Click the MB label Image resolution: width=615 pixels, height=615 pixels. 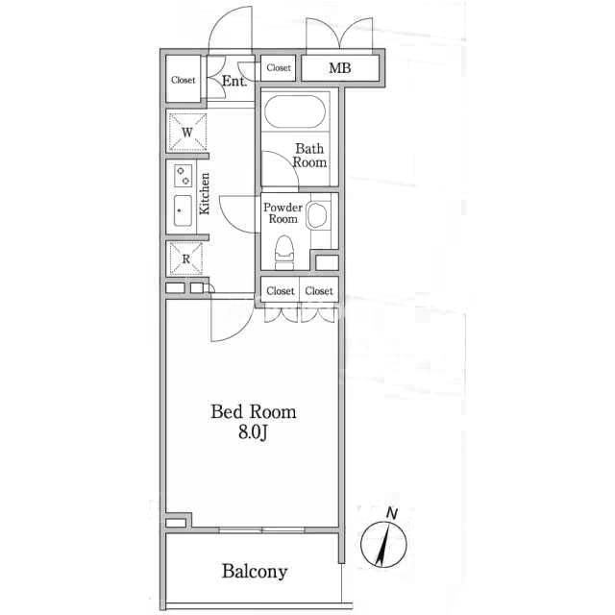pyautogui.click(x=339, y=68)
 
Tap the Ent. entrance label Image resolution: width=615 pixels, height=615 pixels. pyautogui.click(x=234, y=81)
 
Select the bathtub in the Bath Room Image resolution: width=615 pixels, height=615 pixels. pyautogui.click(x=295, y=111)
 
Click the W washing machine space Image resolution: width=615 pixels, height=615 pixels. pyautogui.click(x=187, y=133)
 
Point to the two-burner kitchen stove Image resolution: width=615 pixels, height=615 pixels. pyautogui.click(x=183, y=176)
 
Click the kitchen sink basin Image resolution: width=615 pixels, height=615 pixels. pyautogui.click(x=183, y=210)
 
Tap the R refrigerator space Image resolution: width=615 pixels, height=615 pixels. pyautogui.click(x=185, y=258)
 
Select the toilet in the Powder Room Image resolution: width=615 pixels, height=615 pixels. pyautogui.click(x=284, y=253)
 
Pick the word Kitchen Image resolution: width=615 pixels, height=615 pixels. pyautogui.click(x=205, y=194)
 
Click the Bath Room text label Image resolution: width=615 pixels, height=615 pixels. pyautogui.click(x=309, y=156)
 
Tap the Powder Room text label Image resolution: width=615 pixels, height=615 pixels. pyautogui.click(x=283, y=213)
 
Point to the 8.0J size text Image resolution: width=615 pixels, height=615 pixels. pyautogui.click(x=253, y=432)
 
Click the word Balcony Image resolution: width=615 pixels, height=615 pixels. pyautogui.click(x=255, y=572)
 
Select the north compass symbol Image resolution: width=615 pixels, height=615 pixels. pyautogui.click(x=383, y=544)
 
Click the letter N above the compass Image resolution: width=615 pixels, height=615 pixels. pyautogui.click(x=392, y=513)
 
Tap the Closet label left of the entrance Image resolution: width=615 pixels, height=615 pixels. pyautogui.click(x=184, y=80)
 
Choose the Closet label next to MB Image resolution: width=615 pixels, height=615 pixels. pyautogui.click(x=279, y=68)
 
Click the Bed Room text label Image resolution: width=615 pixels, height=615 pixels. pyautogui.click(x=254, y=412)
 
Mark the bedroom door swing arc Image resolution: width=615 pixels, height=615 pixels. pyautogui.click(x=238, y=330)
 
